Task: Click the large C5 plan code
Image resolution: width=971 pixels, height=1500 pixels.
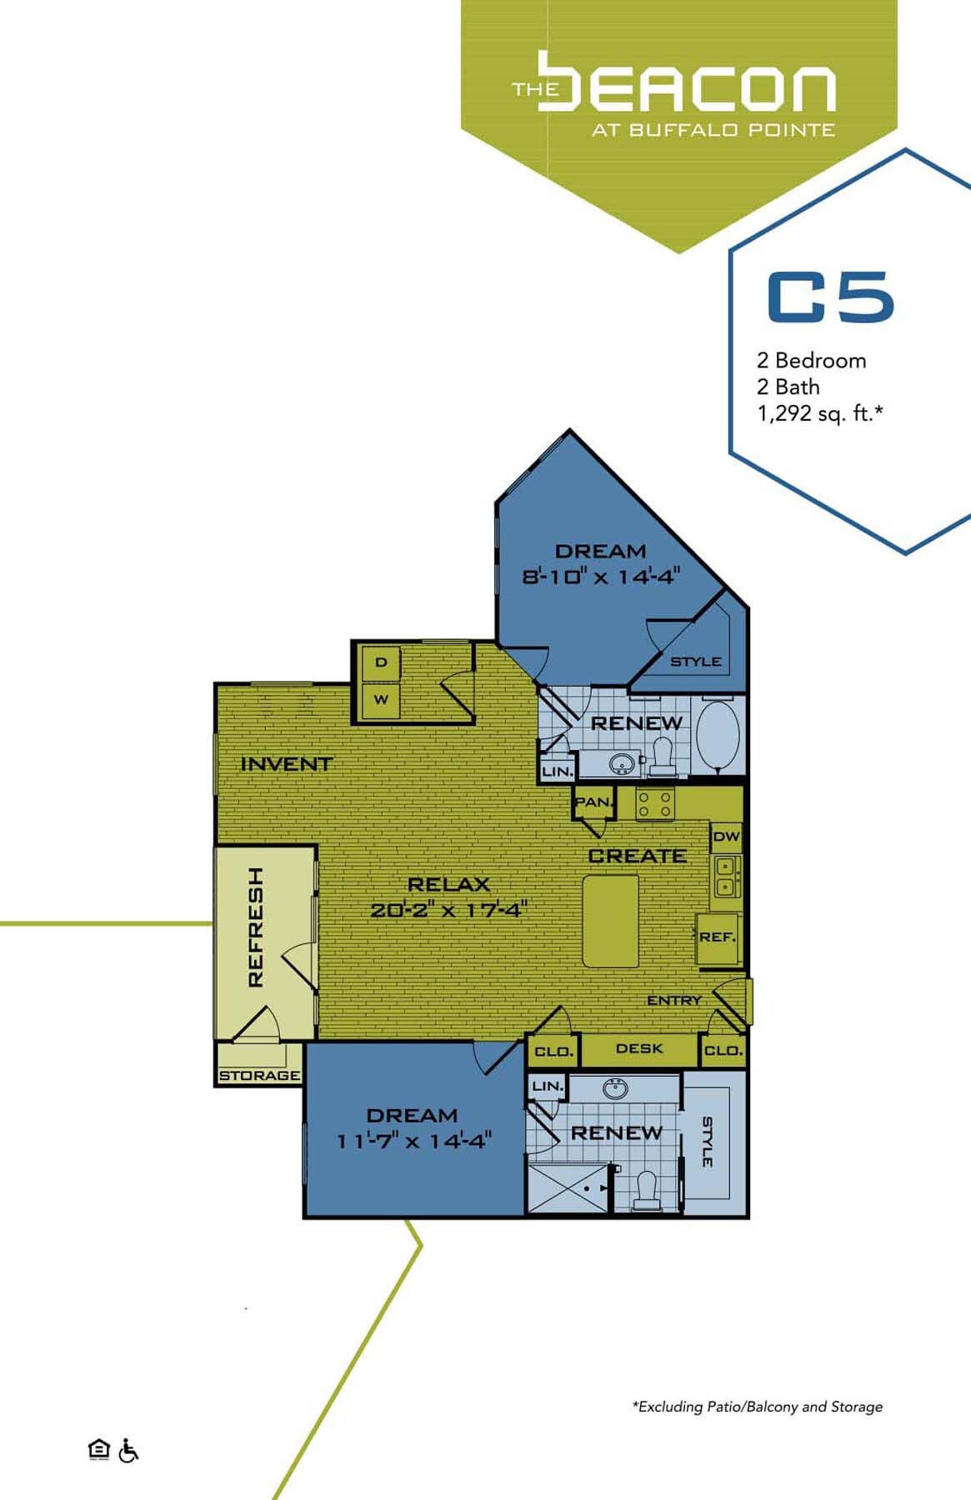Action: (x=830, y=297)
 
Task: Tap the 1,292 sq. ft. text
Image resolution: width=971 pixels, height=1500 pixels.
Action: (x=819, y=413)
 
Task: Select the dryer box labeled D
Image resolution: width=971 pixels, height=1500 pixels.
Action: (x=381, y=662)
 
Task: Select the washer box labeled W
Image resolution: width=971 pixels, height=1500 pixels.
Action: (x=381, y=700)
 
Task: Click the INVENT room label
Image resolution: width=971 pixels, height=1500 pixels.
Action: (x=286, y=763)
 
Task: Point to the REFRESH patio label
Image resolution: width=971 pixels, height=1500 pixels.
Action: (x=256, y=927)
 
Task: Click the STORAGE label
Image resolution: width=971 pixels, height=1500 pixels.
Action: (x=259, y=1076)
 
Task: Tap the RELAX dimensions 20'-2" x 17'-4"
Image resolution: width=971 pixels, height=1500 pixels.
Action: (x=448, y=910)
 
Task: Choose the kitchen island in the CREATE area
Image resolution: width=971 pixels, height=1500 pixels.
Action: (x=610, y=921)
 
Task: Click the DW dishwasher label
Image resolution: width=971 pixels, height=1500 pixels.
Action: (x=726, y=836)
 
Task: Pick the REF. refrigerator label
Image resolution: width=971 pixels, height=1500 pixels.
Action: (x=717, y=937)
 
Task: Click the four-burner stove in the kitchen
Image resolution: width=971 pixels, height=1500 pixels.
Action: (x=655, y=804)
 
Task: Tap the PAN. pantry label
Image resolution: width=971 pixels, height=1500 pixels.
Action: (x=593, y=802)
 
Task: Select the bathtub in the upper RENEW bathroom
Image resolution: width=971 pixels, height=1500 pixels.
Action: (x=718, y=737)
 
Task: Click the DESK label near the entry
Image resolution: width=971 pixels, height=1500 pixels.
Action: (x=639, y=1048)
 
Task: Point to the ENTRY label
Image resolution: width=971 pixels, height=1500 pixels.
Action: (x=673, y=1000)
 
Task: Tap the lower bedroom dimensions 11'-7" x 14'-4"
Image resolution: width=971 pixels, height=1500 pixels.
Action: (x=413, y=1141)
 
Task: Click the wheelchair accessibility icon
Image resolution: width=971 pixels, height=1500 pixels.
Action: (x=128, y=1451)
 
